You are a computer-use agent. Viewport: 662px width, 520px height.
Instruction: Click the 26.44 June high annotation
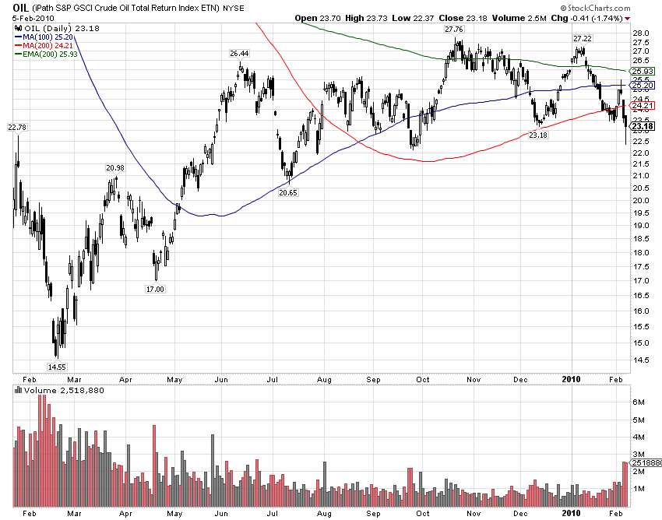(239, 54)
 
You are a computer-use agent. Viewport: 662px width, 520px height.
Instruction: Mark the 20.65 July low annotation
(288, 191)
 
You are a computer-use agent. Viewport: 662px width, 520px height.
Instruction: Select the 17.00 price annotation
(155, 289)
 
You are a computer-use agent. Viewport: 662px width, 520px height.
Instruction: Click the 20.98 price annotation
(114, 168)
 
